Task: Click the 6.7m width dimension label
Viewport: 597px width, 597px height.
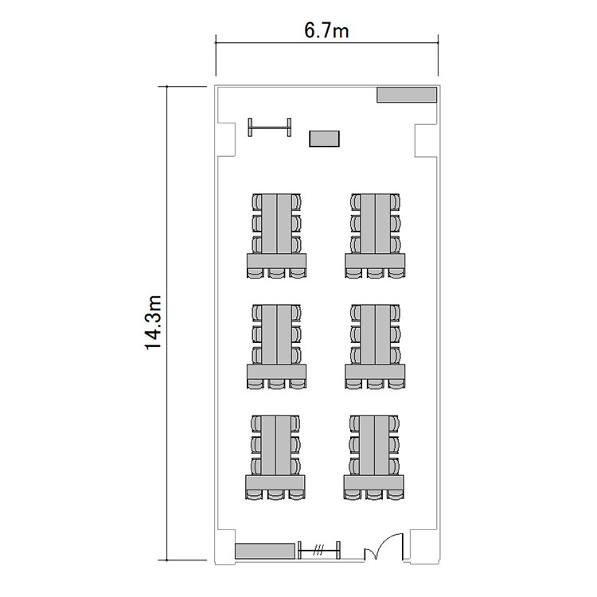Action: (326, 30)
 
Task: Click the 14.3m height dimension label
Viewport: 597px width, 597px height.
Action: (154, 322)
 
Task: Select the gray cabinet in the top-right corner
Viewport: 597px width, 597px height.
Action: (407, 95)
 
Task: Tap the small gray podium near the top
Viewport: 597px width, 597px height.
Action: (324, 139)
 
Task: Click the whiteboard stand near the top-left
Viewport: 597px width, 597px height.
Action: (270, 127)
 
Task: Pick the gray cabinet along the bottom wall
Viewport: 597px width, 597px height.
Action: (265, 551)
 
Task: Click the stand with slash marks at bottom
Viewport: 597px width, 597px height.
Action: (318, 550)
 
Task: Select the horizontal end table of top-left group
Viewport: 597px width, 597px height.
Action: (276, 261)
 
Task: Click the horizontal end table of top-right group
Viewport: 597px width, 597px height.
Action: (375, 261)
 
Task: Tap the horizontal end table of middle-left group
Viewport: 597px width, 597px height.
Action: (276, 372)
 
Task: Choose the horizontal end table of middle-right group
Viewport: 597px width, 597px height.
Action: (375, 372)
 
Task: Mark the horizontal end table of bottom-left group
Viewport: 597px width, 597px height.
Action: (275, 482)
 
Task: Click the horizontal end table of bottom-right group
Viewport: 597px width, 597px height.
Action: (374, 483)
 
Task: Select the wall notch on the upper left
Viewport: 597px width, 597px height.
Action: (227, 140)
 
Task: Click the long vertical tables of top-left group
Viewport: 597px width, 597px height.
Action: (276, 224)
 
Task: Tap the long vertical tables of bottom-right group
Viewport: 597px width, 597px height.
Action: (374, 446)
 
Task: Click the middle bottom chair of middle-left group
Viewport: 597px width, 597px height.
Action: (276, 384)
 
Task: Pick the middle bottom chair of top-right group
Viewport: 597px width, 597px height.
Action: (375, 273)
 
